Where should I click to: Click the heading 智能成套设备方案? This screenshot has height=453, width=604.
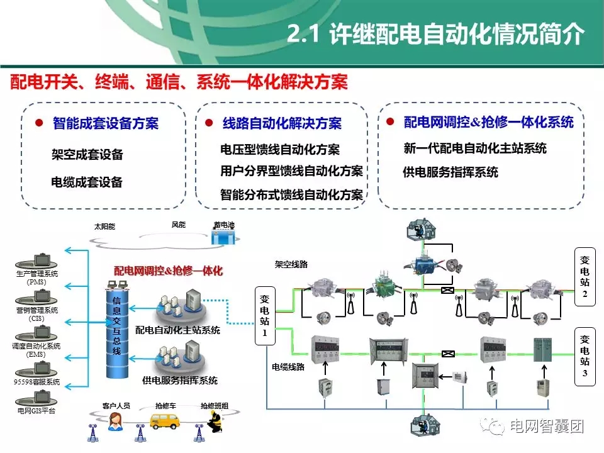tap(106, 123)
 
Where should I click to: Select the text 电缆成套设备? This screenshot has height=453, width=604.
tap(87, 182)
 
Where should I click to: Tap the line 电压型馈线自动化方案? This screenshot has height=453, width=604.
tap(280, 150)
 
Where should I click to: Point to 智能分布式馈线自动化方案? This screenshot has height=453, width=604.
tap(292, 194)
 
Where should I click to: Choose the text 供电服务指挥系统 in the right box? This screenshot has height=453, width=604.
tap(450, 172)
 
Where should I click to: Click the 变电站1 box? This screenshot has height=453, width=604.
tap(264, 315)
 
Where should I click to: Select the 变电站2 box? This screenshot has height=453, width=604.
tap(584, 277)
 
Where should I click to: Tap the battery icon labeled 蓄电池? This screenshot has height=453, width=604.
tap(223, 238)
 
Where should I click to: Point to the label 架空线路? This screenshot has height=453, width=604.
tap(291, 265)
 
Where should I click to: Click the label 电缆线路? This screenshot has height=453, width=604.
tap(288, 366)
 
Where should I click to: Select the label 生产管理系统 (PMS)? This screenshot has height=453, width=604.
tap(36, 277)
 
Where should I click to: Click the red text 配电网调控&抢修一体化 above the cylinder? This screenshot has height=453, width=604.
tap(168, 271)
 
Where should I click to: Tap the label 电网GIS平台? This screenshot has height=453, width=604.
tap(36, 410)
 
